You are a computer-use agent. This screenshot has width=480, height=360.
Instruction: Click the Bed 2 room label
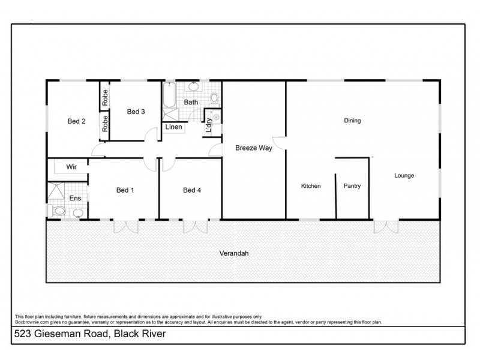tap(76, 121)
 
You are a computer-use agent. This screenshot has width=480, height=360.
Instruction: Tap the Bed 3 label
tap(136, 112)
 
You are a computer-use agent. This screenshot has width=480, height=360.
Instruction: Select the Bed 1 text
tap(125, 191)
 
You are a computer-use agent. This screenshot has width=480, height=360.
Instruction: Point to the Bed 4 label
tap(191, 191)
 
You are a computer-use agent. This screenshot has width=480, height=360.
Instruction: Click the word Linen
tap(173, 127)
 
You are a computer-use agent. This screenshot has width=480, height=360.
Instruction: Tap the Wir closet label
tap(70, 166)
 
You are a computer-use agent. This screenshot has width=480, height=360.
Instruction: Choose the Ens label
tap(75, 197)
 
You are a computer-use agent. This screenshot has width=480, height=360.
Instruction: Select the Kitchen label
tap(311, 186)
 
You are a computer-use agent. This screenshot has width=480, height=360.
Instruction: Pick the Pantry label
tap(352, 186)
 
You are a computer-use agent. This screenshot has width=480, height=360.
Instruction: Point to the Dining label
tap(352, 121)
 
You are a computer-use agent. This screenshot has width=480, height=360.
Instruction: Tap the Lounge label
tap(404, 176)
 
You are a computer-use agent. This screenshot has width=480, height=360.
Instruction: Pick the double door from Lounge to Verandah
tap(386, 227)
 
